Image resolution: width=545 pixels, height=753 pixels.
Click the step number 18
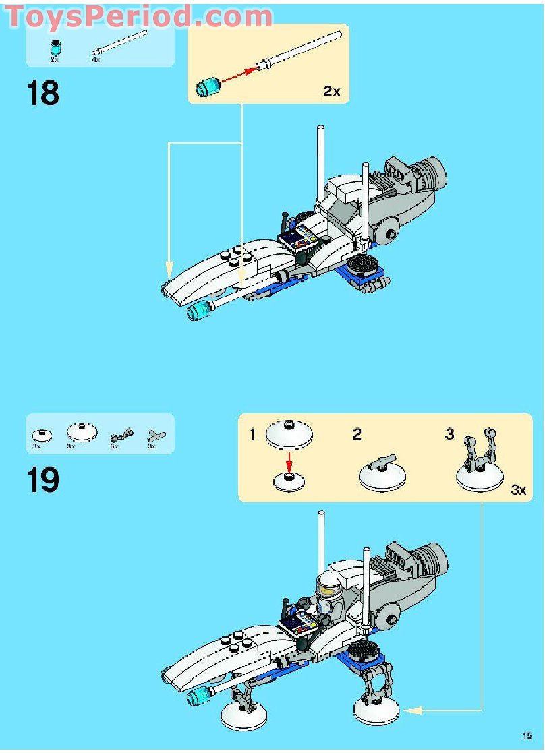coord(43,93)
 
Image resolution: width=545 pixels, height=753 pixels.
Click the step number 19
coord(43,480)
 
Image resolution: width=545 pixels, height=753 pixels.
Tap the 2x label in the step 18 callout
coord(332,91)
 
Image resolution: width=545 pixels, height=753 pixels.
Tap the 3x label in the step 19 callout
coord(518,490)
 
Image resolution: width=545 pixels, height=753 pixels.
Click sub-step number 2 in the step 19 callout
coord(357,434)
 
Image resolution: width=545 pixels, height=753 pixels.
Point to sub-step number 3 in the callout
coord(449,434)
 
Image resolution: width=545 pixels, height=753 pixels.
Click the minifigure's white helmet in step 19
coord(328,583)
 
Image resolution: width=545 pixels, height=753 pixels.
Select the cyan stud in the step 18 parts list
coord(55,49)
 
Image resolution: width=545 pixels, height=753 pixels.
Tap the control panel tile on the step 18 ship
coord(300,239)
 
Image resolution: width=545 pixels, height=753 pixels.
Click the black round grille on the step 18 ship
coord(365,266)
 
